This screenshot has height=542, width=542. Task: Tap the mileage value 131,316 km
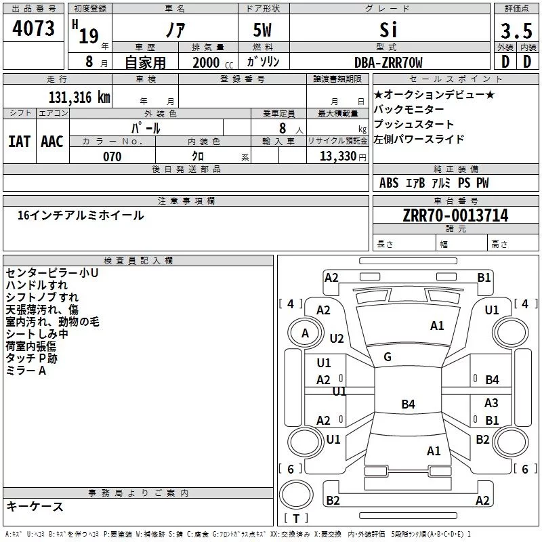(x=79, y=98)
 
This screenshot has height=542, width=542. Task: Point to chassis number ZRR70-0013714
(x=455, y=215)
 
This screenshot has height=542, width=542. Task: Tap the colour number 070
(x=112, y=157)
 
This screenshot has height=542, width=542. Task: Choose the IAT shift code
(x=19, y=141)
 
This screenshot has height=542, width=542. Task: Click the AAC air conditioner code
(x=51, y=141)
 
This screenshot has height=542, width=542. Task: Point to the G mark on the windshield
(x=388, y=357)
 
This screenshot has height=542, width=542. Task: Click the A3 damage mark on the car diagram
(x=491, y=403)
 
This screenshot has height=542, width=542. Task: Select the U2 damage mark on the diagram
(x=337, y=339)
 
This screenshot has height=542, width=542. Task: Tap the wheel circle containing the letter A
(x=305, y=333)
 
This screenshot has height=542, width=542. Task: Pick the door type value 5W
(x=264, y=31)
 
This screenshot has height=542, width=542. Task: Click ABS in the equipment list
(x=389, y=183)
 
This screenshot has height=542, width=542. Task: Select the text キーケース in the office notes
(x=35, y=506)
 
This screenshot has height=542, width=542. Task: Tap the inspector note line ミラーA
(x=26, y=371)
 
